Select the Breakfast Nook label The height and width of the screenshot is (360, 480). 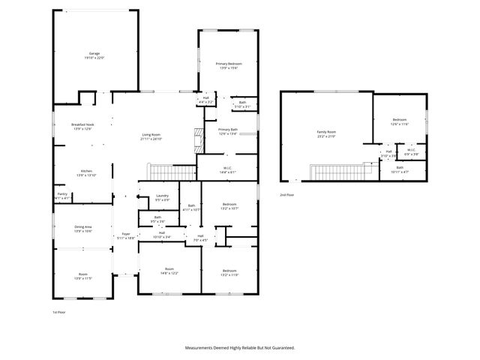[x=82, y=126]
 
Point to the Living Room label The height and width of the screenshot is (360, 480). [x=151, y=136]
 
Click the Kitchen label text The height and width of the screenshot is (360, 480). [x=85, y=172]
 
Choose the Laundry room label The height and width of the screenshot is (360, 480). [x=163, y=198]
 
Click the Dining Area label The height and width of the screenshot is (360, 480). [x=83, y=228]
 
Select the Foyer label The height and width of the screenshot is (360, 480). [x=126, y=235]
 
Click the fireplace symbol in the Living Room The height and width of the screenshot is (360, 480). [x=199, y=139]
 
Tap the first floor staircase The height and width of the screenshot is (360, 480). [x=164, y=173]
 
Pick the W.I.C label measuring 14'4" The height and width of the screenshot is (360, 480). [x=228, y=169]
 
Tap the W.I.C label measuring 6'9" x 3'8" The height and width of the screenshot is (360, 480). [x=412, y=151]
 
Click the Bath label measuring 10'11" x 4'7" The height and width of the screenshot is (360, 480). [x=400, y=169]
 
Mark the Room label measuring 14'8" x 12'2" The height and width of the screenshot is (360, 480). [x=169, y=270]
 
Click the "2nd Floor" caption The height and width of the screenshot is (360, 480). [x=286, y=194]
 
